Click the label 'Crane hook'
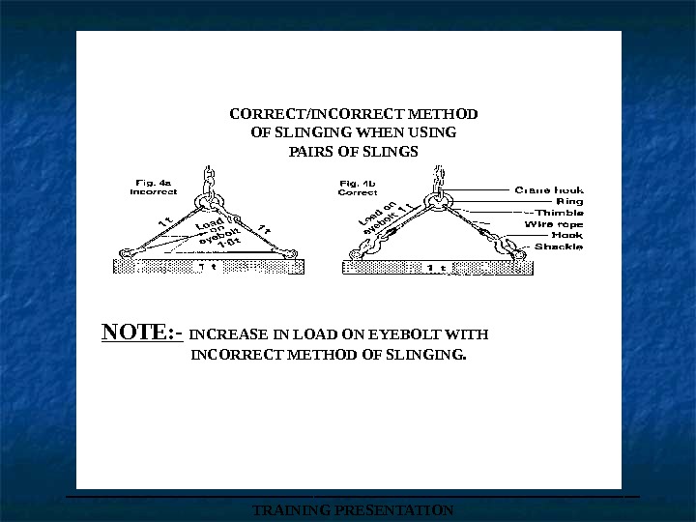click(x=548, y=189)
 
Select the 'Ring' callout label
click(x=569, y=201)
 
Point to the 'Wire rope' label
click(x=554, y=223)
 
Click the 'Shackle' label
click(x=559, y=246)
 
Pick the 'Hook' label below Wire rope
click(x=566, y=235)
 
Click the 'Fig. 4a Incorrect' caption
click(x=153, y=187)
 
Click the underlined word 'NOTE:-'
click(x=143, y=333)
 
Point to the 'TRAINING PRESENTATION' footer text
click(x=352, y=509)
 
